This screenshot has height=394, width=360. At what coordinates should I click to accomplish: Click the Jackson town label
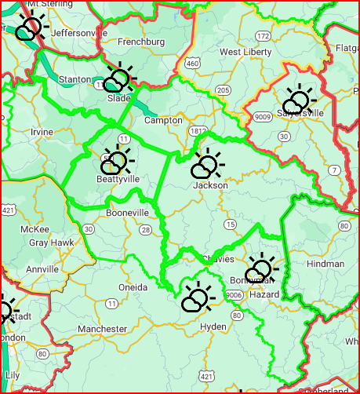[210, 185]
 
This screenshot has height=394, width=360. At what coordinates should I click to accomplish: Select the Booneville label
[127, 213]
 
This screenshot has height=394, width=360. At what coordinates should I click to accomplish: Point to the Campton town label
[163, 121]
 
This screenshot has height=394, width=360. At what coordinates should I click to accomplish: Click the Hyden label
[213, 326]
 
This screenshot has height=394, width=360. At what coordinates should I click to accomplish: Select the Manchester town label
[103, 328]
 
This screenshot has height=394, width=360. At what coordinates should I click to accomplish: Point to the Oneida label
[132, 287]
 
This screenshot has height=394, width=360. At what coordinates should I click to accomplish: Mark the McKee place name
[35, 229]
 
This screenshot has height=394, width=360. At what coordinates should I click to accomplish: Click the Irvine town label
[42, 132]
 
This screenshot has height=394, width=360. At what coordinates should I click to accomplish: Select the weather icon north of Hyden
[197, 296]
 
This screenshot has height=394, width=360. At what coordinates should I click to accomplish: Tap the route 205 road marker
[224, 90]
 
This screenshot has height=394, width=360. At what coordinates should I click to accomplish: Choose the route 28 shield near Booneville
[147, 229]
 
